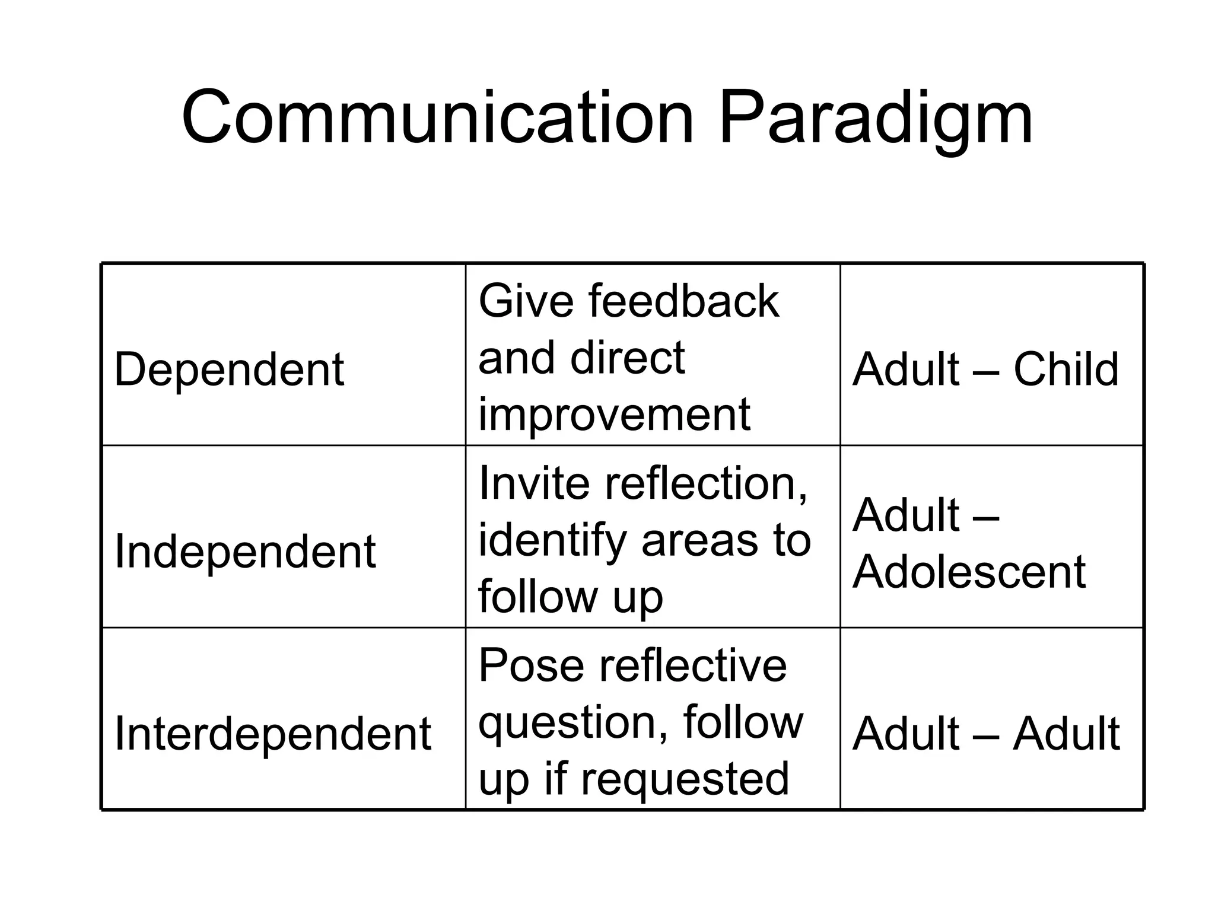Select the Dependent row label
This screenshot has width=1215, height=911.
point(229,369)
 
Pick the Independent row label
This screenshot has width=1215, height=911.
point(245,551)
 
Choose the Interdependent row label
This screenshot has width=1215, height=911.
point(272,734)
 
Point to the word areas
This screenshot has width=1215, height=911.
point(700,541)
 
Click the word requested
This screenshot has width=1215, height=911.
point(685,779)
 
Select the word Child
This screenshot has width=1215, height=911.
point(1065,369)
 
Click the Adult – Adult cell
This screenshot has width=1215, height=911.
point(985,734)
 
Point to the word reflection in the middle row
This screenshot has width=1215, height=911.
point(706,483)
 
